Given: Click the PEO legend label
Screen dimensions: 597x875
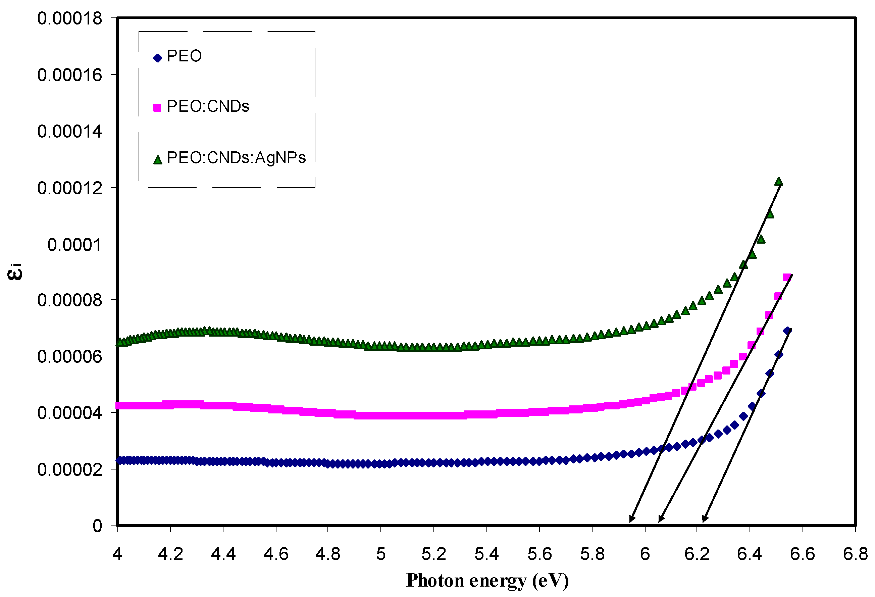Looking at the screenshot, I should pyautogui.click(x=184, y=56).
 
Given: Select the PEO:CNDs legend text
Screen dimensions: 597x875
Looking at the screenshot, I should pyautogui.click(x=208, y=107).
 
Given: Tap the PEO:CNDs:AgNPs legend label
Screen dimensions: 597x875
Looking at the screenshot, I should pyautogui.click(x=236, y=158).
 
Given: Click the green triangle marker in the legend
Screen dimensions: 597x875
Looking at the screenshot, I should pyautogui.click(x=158, y=160).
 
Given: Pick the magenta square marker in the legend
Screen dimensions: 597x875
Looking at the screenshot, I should pyautogui.click(x=157, y=108).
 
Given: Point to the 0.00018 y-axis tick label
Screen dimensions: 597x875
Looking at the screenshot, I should pyautogui.click(x=70, y=18).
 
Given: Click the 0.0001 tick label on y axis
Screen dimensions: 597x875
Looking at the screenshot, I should pyautogui.click(x=74, y=245).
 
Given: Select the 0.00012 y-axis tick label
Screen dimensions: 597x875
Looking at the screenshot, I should pyautogui.click(x=70, y=188).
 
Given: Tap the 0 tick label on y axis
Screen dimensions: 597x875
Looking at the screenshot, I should pyautogui.click(x=97, y=526).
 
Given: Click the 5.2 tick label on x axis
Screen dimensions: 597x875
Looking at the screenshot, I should pyautogui.click(x=433, y=554).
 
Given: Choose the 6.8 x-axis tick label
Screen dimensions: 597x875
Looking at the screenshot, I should pyautogui.click(x=856, y=554).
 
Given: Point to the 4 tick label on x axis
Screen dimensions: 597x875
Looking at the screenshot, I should pyautogui.click(x=117, y=554).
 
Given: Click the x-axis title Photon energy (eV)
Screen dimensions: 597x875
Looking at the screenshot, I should pyautogui.click(x=487, y=581).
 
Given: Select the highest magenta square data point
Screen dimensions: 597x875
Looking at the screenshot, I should pyautogui.click(x=786, y=278).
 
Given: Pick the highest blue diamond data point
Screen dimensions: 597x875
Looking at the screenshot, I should pyautogui.click(x=787, y=331).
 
